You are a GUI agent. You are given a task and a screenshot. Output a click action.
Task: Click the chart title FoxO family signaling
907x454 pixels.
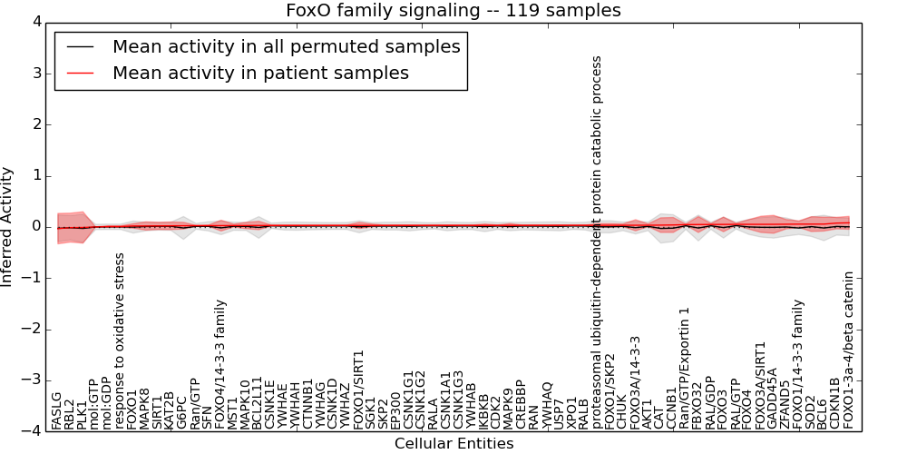click(453, 11)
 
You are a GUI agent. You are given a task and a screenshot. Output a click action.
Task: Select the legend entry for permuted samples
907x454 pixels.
click(286, 46)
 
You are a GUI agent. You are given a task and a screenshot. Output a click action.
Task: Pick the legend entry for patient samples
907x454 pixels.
click(260, 73)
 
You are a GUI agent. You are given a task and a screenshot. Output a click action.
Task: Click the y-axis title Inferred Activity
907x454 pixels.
click(8, 227)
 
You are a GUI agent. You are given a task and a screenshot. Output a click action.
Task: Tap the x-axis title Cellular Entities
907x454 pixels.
click(453, 444)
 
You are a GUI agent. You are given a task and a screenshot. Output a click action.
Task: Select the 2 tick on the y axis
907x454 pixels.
click(36, 124)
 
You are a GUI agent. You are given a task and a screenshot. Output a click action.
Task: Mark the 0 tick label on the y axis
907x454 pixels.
click(36, 227)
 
